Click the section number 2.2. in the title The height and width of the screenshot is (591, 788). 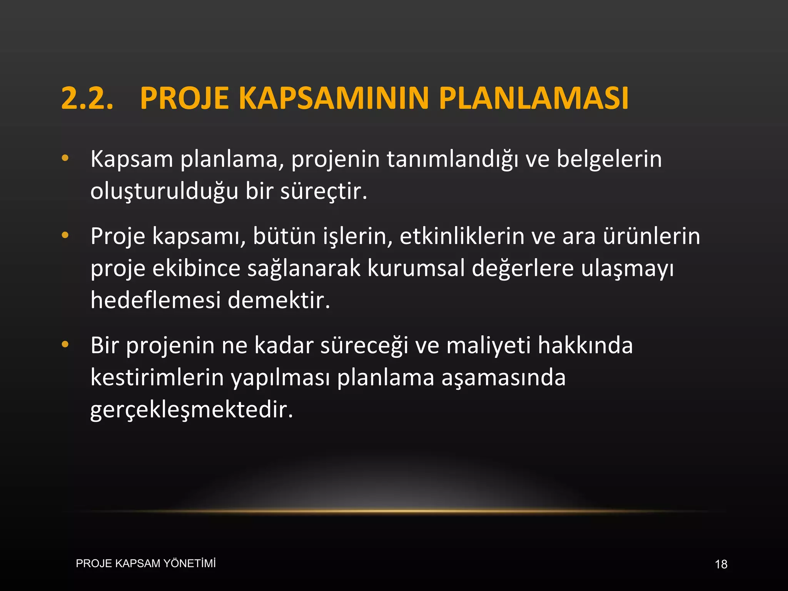tap(87, 98)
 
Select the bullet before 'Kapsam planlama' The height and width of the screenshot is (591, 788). tap(65, 158)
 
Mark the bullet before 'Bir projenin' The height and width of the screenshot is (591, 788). tap(65, 344)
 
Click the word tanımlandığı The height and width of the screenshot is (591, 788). tap(452, 160)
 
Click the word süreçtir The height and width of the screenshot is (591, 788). tap(324, 192)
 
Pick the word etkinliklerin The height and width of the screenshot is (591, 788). tap(462, 236)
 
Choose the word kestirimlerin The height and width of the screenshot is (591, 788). tap(157, 377)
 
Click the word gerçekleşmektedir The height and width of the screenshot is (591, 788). tap(192, 410)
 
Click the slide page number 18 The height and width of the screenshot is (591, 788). tap(721, 564)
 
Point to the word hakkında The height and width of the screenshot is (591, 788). tap(585, 345)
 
